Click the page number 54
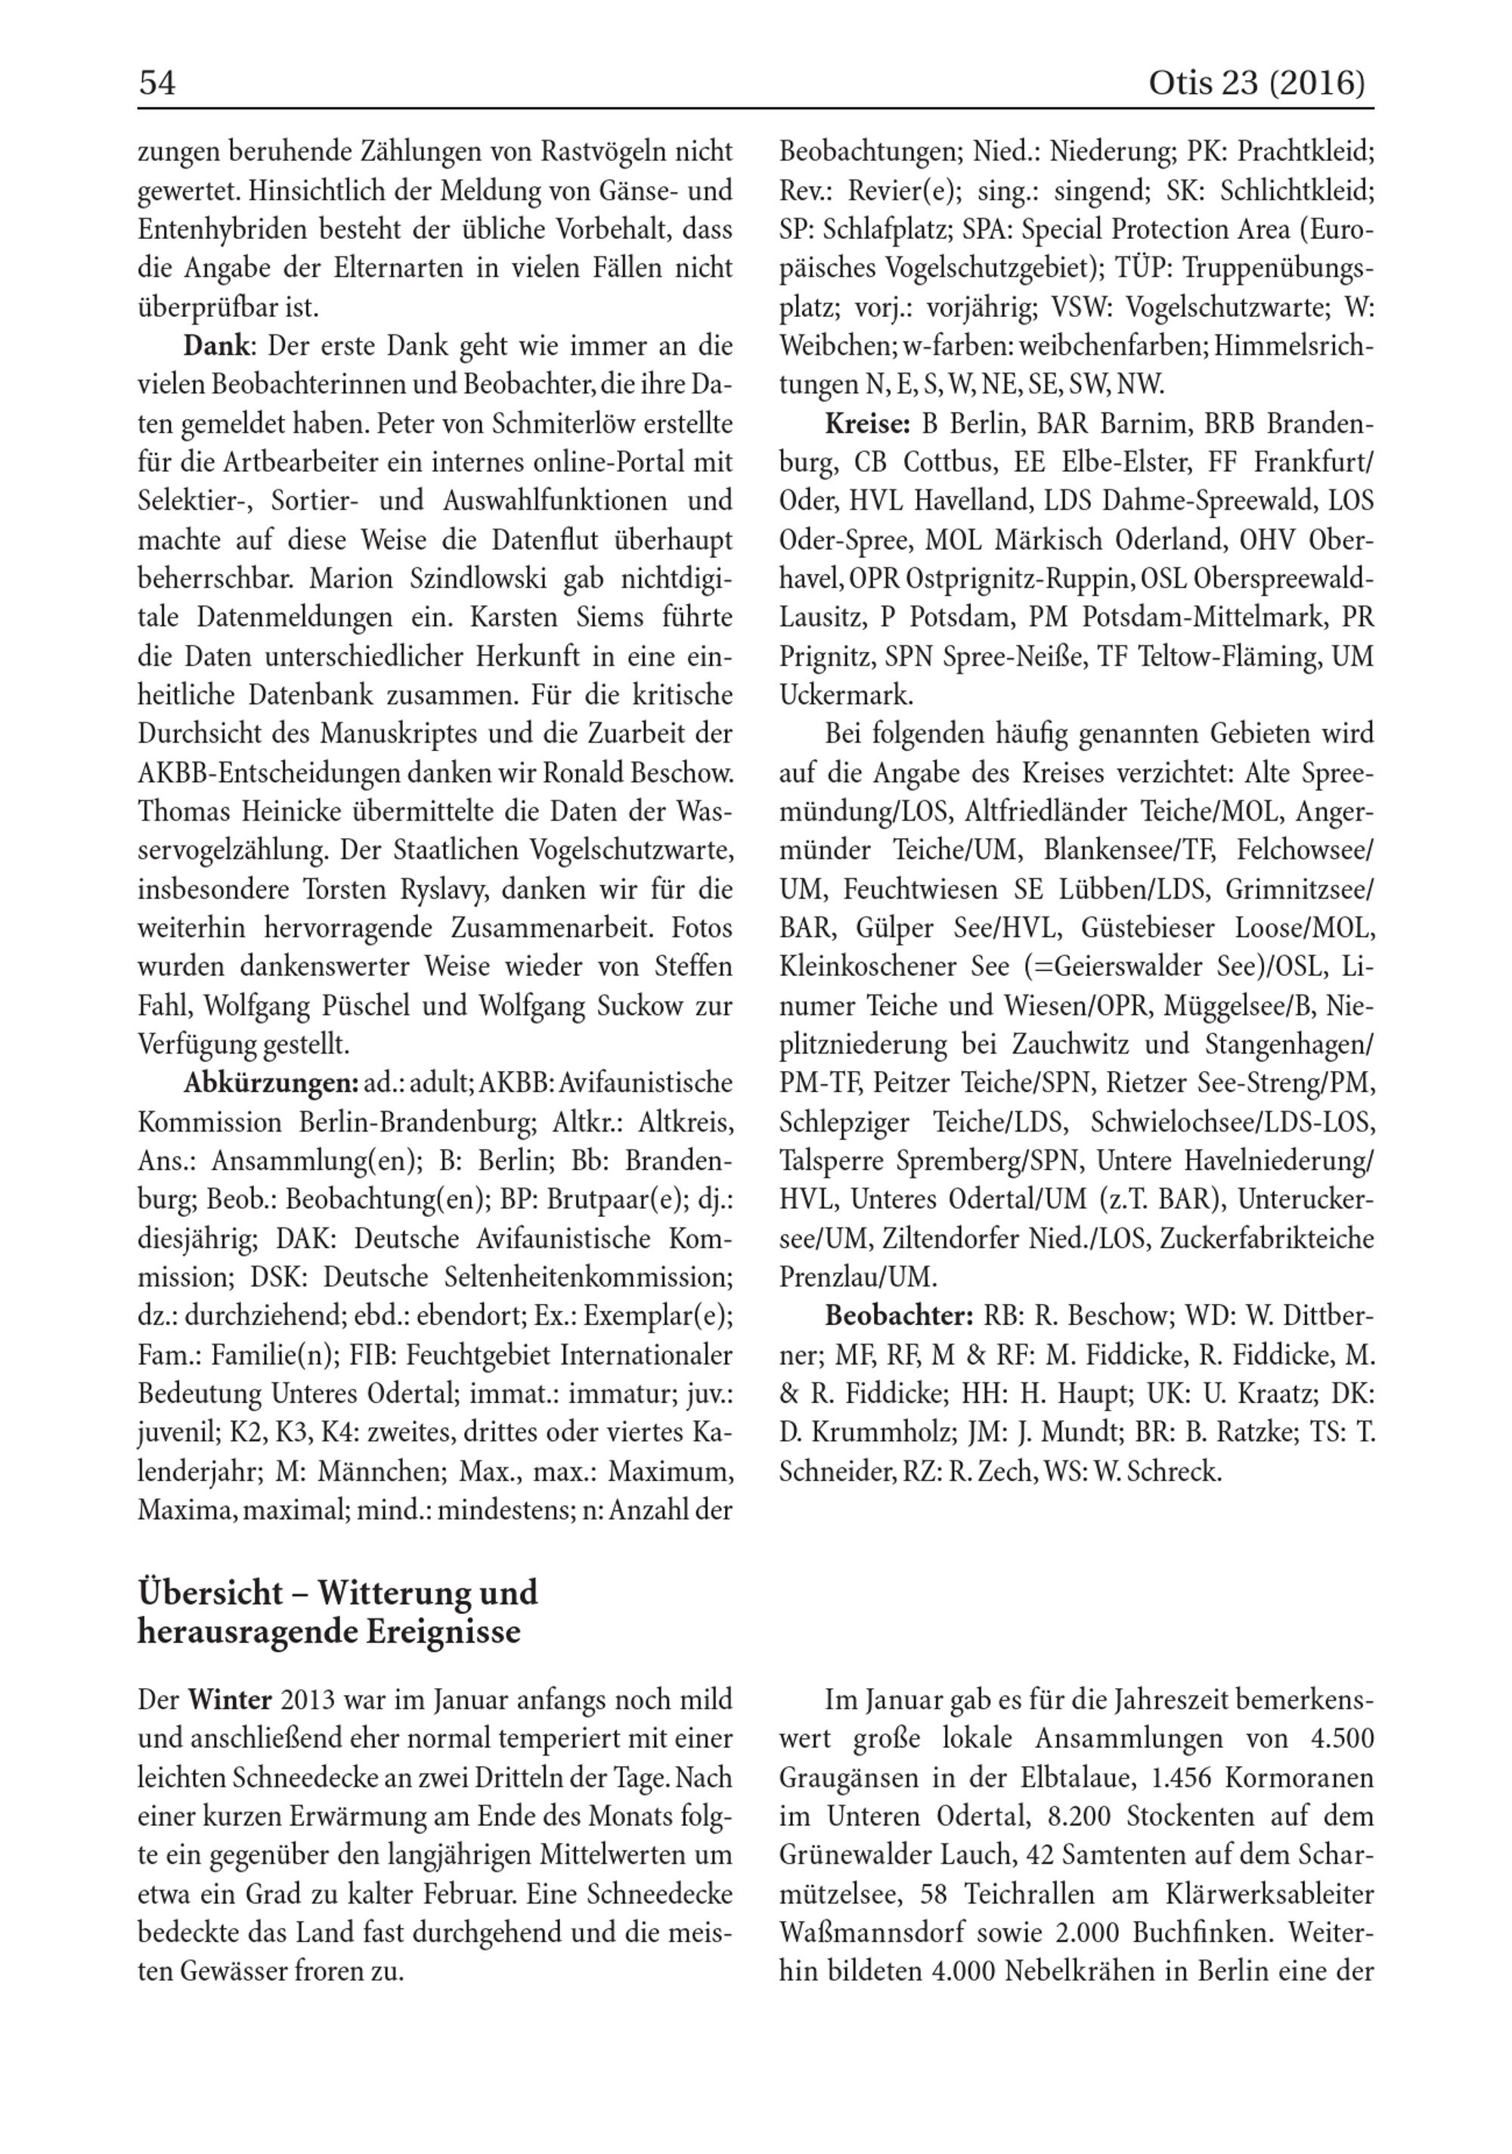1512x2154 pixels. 156,85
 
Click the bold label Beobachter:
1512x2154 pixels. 899,1316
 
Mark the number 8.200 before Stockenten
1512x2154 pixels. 1077,1816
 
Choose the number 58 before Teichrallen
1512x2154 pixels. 933,1894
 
